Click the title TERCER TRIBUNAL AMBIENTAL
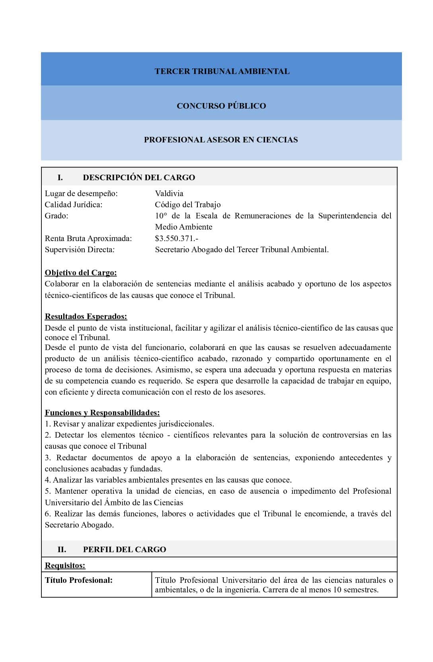(222, 72)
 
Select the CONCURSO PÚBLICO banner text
(221, 106)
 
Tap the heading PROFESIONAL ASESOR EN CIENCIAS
(221, 140)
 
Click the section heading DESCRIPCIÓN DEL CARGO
(139, 177)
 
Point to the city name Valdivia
(169, 194)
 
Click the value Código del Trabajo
(187, 205)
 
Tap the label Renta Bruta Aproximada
(88, 239)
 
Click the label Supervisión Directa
(80, 250)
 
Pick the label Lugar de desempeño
(81, 194)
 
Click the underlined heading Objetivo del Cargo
(81, 273)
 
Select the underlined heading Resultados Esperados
(86, 317)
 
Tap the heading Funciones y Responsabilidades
(102, 413)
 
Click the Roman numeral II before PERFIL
(62, 549)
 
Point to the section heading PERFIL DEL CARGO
(125, 549)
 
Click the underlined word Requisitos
(65, 565)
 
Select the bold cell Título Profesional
(79, 580)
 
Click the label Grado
(57, 216)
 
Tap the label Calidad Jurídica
(74, 205)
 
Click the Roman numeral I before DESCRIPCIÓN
(60, 177)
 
